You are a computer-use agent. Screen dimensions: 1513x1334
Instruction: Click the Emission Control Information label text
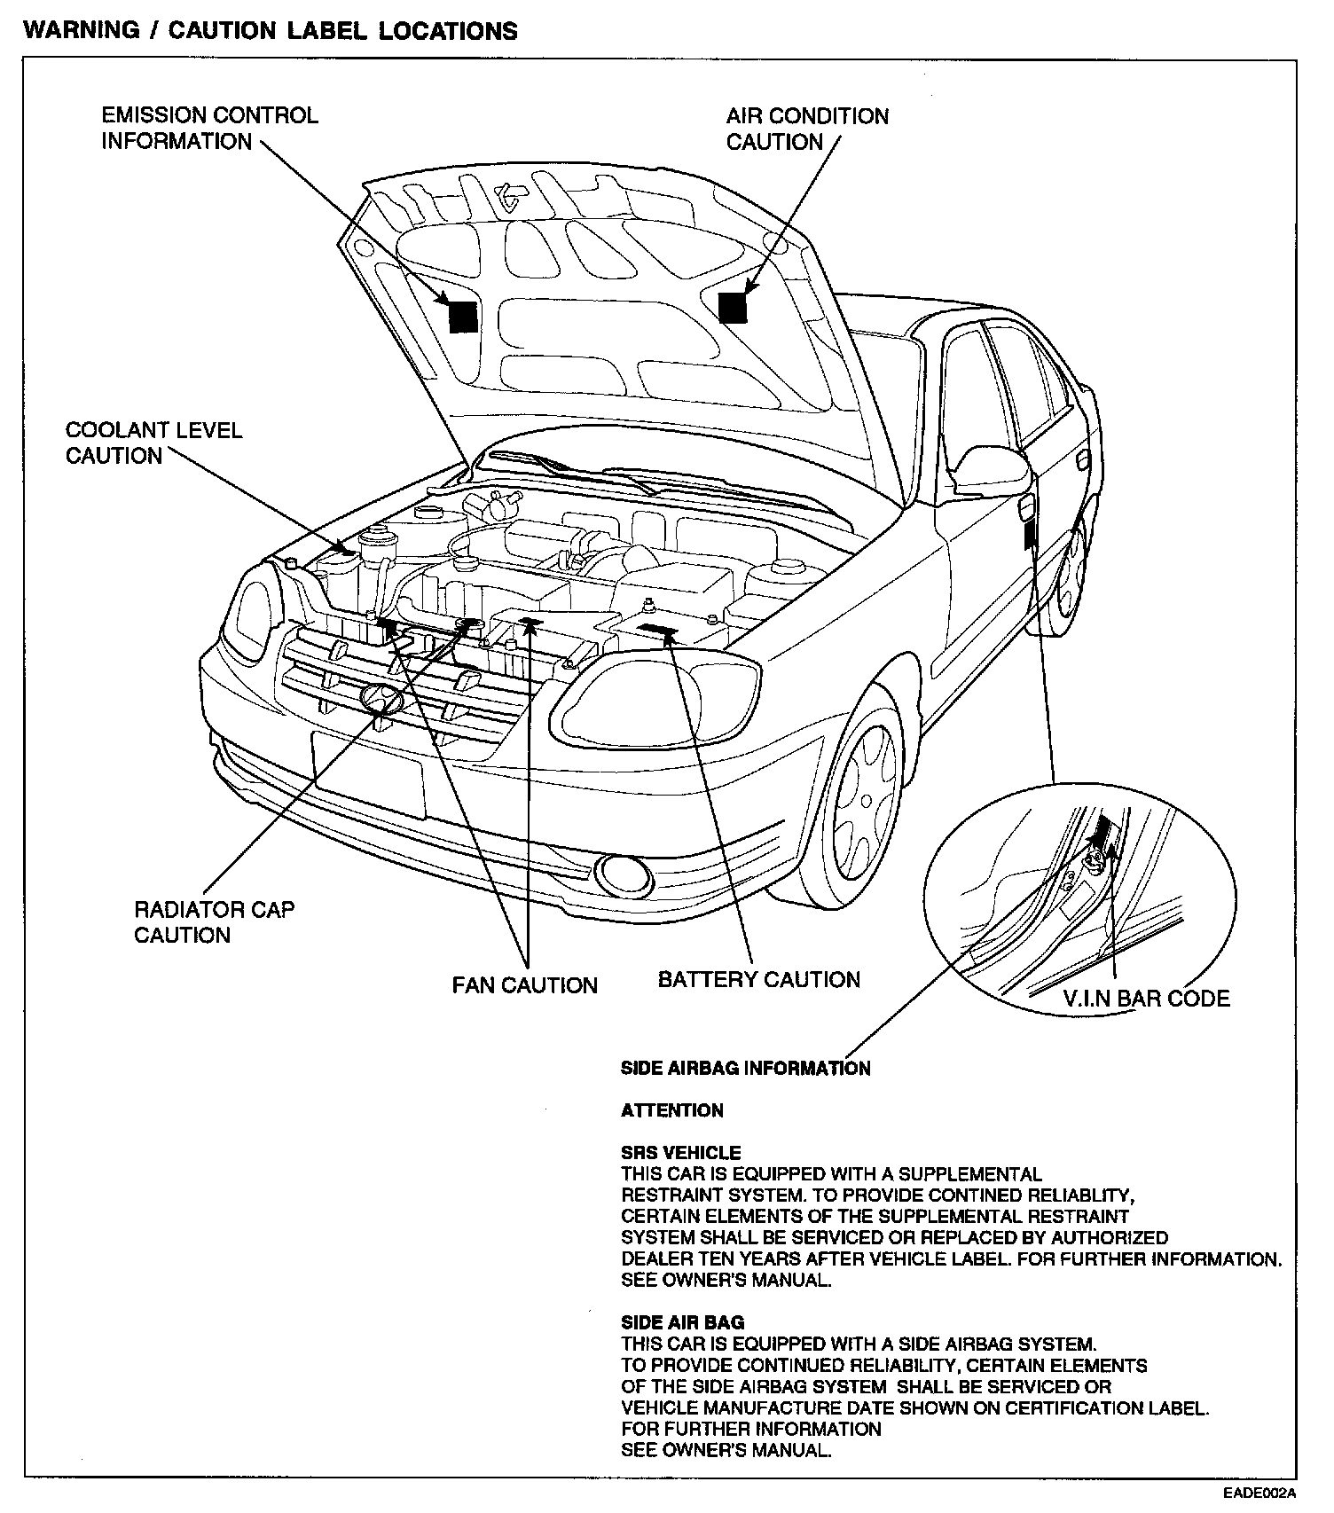pyautogui.click(x=209, y=129)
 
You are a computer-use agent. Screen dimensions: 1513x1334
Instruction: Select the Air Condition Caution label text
pyautogui.click(x=806, y=129)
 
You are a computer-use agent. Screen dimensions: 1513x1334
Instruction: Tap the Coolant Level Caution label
pyautogui.click(x=153, y=443)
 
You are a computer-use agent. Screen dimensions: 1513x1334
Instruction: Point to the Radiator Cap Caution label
pyautogui.click(x=214, y=922)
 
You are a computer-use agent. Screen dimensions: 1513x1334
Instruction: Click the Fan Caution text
pyautogui.click(x=524, y=985)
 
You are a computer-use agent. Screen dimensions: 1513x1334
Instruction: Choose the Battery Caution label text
pyautogui.click(x=758, y=979)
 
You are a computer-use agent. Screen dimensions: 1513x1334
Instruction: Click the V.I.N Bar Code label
pyautogui.click(x=1146, y=999)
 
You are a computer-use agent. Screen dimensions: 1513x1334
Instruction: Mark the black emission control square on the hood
pyautogui.click(x=463, y=317)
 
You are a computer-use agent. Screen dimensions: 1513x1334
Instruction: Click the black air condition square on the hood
pyautogui.click(x=733, y=307)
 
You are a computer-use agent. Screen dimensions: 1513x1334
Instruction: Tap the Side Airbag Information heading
pyautogui.click(x=745, y=1069)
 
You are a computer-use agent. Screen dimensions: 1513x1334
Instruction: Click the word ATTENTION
pyautogui.click(x=672, y=1110)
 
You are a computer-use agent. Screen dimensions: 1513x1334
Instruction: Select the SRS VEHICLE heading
pyautogui.click(x=680, y=1153)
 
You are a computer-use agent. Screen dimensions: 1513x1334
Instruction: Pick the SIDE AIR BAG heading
pyautogui.click(x=682, y=1323)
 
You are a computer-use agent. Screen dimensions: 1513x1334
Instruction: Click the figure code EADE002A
pyautogui.click(x=1259, y=1493)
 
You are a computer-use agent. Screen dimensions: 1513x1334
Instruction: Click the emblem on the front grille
pyautogui.click(x=381, y=700)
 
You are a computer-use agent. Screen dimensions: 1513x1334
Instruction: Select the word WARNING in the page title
pyautogui.click(x=82, y=31)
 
